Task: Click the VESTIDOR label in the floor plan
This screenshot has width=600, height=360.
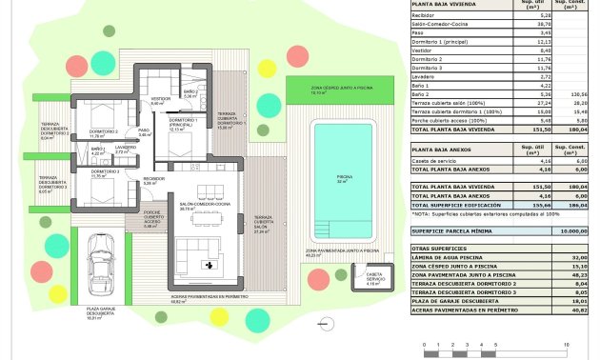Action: click(x=162, y=99)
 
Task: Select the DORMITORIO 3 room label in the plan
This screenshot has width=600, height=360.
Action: click(x=105, y=172)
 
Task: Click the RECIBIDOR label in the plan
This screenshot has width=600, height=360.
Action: click(x=155, y=179)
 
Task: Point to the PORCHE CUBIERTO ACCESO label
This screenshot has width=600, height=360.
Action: click(x=151, y=215)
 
